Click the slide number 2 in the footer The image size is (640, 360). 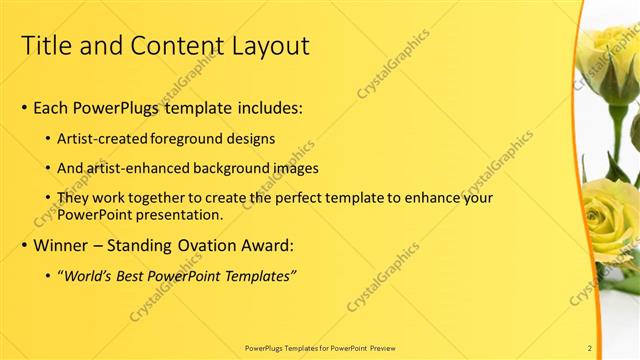(x=590, y=347)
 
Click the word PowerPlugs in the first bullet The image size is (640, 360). (x=118, y=107)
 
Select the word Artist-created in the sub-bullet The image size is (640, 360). (x=104, y=137)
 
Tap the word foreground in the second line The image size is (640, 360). (x=190, y=137)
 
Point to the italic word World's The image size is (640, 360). (x=93, y=275)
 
